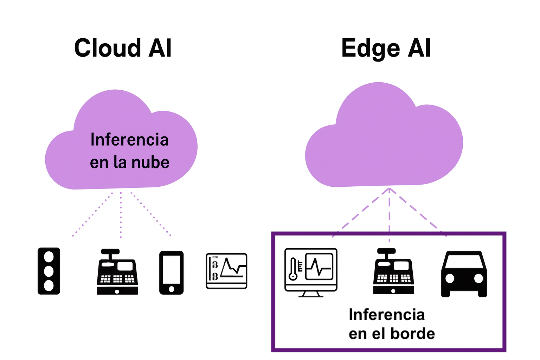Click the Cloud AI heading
point(123,48)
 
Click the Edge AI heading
point(386,48)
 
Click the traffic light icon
point(49,271)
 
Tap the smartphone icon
point(171,272)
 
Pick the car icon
point(464,274)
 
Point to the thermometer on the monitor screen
point(293,269)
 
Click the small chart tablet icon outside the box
point(226,271)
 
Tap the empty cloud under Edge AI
point(384,141)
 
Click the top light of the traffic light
point(49,257)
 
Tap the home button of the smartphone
point(171,289)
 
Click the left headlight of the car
point(450,278)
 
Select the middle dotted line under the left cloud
point(121,214)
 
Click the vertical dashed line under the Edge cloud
point(389,214)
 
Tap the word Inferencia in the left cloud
point(129,140)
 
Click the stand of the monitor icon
point(311,294)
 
